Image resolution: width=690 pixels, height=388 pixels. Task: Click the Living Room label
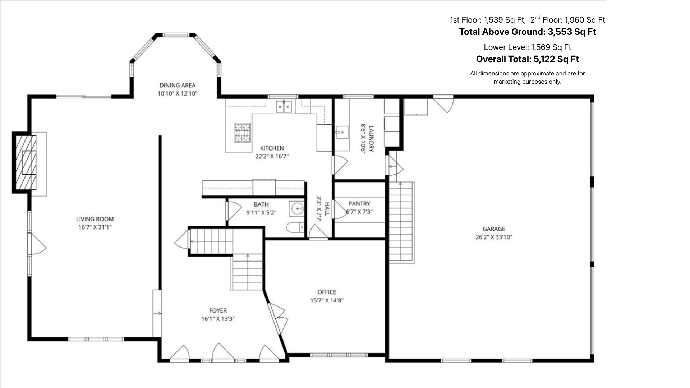(x=95, y=219)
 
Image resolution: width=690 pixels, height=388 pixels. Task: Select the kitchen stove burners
(x=242, y=133)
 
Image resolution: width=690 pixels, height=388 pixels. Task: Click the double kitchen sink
(x=284, y=107)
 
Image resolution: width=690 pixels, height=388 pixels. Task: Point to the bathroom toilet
(x=295, y=228)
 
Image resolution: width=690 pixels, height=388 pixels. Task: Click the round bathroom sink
(x=297, y=208)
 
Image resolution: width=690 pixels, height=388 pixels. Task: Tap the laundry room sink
(x=342, y=132)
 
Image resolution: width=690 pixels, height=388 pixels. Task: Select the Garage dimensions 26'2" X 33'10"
(x=494, y=237)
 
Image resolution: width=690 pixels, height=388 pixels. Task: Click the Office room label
(x=327, y=292)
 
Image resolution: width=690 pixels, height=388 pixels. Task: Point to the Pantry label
(x=359, y=203)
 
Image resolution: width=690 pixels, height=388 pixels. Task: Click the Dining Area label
(x=178, y=85)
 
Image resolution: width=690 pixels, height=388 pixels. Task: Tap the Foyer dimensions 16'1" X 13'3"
(x=218, y=319)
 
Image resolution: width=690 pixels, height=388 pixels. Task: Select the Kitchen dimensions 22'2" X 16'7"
(x=272, y=156)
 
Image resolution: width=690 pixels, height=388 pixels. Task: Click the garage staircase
(x=402, y=222)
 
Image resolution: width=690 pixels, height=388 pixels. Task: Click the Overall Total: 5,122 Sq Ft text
(x=527, y=59)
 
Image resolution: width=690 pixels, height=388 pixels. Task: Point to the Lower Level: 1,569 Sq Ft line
(x=527, y=47)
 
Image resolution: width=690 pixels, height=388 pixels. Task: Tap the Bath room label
(x=261, y=204)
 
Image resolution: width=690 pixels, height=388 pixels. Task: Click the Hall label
(x=327, y=209)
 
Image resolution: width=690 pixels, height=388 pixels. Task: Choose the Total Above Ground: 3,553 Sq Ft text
(x=527, y=32)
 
